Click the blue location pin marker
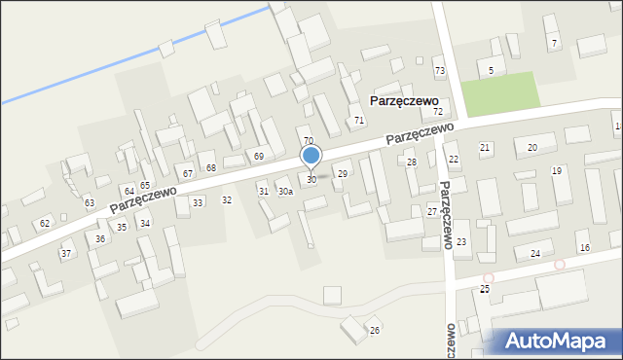(311, 156)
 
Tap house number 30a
(285, 192)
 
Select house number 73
(439, 71)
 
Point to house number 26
(374, 331)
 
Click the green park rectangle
(499, 92)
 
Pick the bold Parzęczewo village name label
(404, 100)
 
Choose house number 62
(44, 224)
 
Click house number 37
(66, 254)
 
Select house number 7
(553, 44)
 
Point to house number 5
(491, 71)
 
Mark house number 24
(534, 254)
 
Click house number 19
(556, 171)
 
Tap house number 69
(259, 157)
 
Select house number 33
(198, 202)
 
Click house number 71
(359, 121)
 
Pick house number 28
(412, 162)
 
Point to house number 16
(584, 248)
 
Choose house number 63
(90, 202)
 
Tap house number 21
(484, 147)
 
